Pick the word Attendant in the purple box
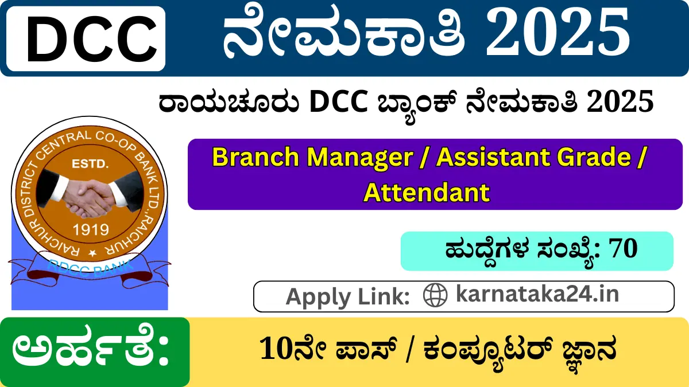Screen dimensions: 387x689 click(x=427, y=192)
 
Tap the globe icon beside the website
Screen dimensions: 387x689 click(x=435, y=295)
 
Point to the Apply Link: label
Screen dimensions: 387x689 click(x=347, y=296)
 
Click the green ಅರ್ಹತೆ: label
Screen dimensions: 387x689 click(x=92, y=351)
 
